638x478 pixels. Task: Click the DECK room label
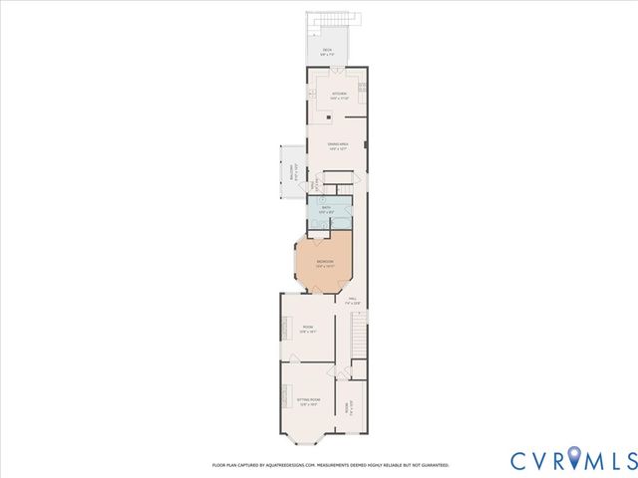coord(326,51)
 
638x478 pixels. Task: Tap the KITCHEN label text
coord(340,97)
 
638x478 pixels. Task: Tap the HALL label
coord(352,301)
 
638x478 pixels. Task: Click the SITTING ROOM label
coord(308,403)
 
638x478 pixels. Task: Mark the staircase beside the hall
coord(359,339)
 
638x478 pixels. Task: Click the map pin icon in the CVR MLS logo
coord(578,460)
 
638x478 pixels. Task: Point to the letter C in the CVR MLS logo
coord(521,460)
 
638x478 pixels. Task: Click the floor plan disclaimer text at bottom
coord(330,464)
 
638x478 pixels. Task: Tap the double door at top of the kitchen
coord(336,71)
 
